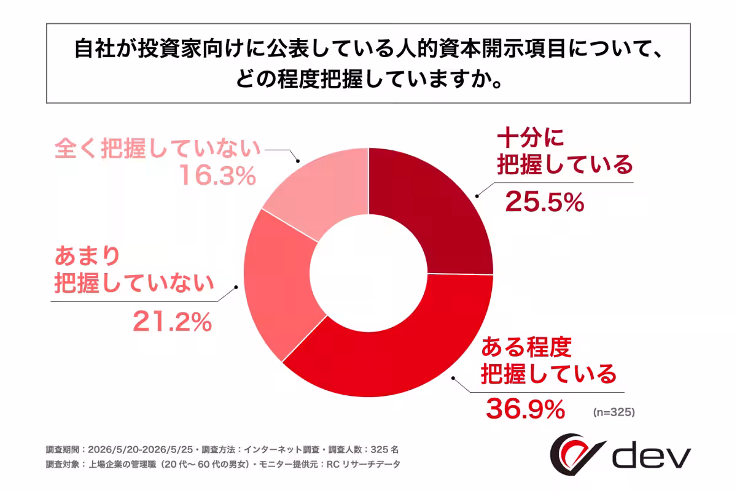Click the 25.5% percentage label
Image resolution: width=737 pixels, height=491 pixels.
545,201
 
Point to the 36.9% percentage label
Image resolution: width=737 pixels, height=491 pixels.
526,409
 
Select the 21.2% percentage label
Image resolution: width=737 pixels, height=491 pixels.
173,322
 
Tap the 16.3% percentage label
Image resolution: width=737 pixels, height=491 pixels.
217,176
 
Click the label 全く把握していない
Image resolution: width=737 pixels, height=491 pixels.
158,149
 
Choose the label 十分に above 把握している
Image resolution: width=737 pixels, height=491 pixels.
531,138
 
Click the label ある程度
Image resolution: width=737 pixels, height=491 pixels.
526,347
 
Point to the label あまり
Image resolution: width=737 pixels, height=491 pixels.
87,256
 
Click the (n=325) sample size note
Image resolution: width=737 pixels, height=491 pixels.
614,412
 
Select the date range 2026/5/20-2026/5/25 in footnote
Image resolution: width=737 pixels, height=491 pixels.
141,449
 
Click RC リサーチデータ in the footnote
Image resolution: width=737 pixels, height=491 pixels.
363,465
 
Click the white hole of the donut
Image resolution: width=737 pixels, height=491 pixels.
368,273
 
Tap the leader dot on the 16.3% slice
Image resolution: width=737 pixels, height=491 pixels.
298,161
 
